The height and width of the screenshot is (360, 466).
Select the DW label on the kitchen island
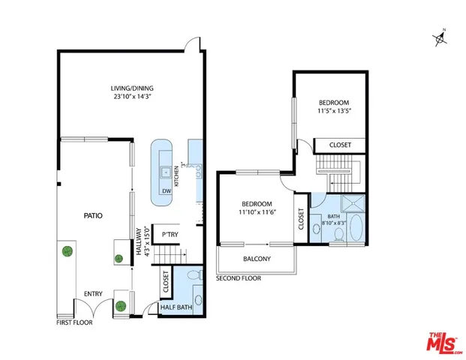click(165, 190)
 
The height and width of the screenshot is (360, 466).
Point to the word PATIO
click(92, 215)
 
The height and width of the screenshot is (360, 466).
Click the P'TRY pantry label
click(164, 232)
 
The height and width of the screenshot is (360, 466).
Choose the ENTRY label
click(93, 293)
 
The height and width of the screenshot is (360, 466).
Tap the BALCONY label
click(257, 259)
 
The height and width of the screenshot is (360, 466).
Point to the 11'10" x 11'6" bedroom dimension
click(256, 213)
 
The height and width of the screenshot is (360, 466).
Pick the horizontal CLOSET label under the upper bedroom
click(338, 145)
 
